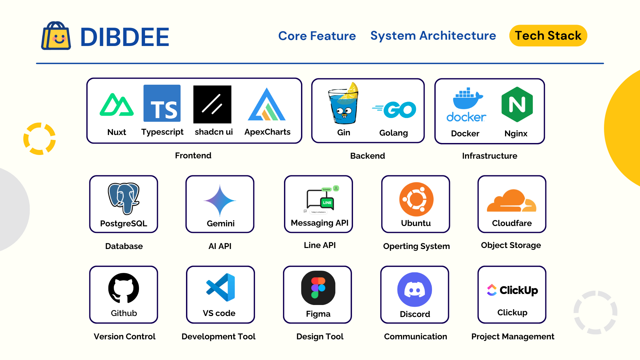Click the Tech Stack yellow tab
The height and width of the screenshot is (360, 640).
point(548,36)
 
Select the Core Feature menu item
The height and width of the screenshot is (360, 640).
point(317,36)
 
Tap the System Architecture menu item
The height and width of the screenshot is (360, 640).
point(433,35)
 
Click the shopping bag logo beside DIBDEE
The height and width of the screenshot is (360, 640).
point(56,36)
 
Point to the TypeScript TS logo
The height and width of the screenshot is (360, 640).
point(162,103)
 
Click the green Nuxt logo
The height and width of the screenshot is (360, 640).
point(117,105)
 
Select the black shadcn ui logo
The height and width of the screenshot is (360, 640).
point(212,104)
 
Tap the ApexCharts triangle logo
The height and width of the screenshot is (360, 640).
point(267,104)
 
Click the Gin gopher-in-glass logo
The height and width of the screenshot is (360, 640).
point(343,103)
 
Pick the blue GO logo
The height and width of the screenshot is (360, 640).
point(394,110)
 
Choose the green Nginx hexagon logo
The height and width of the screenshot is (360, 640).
point(517,104)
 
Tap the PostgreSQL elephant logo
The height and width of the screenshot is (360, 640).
point(124,198)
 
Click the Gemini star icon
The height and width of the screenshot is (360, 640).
point(220,201)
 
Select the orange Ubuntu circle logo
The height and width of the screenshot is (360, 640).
point(416,199)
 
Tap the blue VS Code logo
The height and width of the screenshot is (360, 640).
point(220,287)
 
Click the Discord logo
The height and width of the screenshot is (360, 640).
point(415,289)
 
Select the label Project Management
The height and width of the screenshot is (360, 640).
point(513,337)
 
